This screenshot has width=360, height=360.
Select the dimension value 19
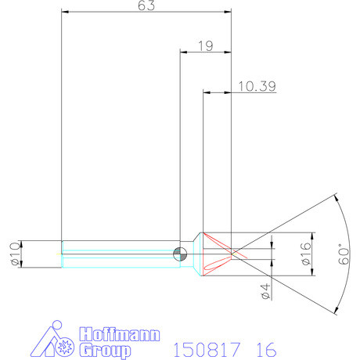pos(206,46)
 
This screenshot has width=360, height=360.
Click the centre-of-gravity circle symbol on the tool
pos(180,252)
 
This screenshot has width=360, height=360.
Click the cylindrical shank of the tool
pos(117,252)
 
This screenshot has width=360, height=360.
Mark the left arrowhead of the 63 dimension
pos(65,13)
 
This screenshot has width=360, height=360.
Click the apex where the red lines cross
pos(234,253)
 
